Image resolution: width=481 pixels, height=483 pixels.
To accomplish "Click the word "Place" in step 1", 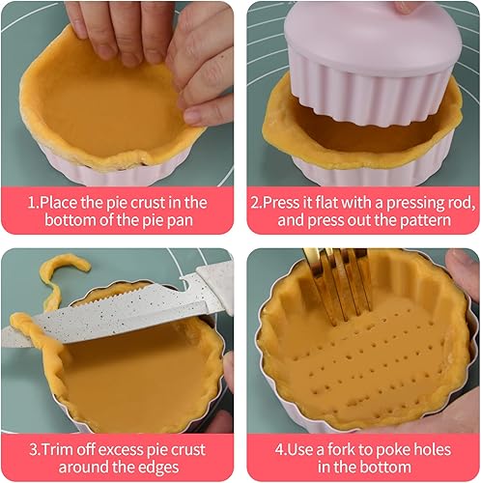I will point(65,202).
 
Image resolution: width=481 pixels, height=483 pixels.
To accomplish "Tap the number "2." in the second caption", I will point(258,202).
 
